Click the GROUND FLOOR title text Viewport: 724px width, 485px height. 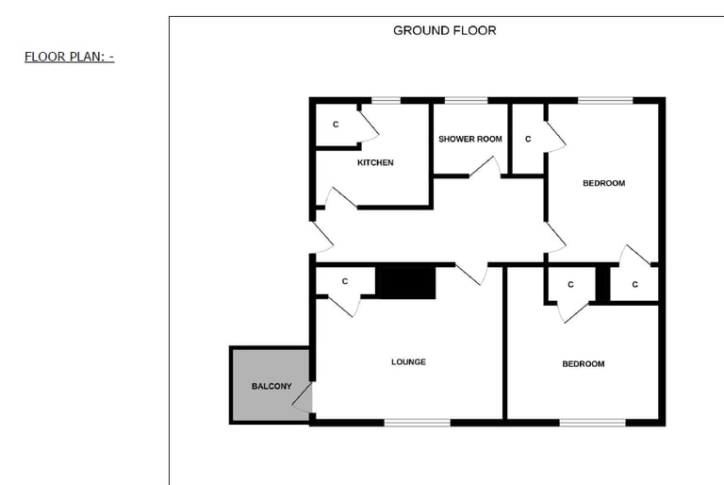click(444, 30)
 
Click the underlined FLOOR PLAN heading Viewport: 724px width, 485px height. click(69, 57)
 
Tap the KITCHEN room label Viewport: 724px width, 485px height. click(375, 162)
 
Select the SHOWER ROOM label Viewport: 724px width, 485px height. click(470, 139)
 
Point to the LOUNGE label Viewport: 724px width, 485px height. click(408, 361)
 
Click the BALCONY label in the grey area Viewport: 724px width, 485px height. click(271, 387)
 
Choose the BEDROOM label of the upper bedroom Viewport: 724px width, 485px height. click(603, 183)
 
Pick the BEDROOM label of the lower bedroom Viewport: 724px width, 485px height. click(584, 363)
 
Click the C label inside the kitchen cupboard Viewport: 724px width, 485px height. click(336, 125)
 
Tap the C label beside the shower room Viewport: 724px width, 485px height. click(528, 139)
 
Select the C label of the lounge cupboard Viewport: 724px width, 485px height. click(345, 281)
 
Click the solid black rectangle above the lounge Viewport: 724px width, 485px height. click(405, 283)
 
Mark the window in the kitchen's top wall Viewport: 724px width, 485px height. click(386, 100)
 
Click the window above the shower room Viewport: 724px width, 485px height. click(459, 100)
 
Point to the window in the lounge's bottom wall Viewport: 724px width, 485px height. click(417, 422)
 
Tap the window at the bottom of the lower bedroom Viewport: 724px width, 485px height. click(592, 422)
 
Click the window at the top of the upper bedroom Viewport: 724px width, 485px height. click(605, 100)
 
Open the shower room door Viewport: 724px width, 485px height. click(485, 168)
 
